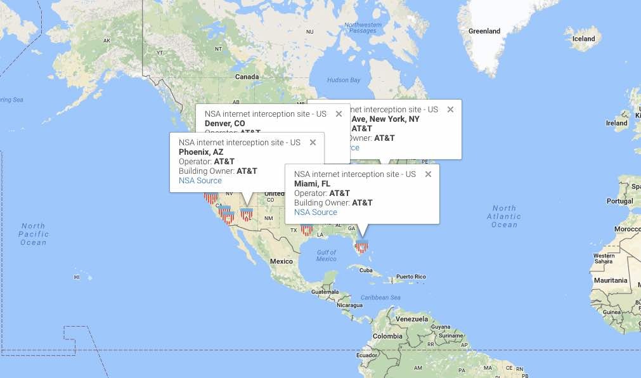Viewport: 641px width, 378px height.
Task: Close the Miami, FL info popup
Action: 428,174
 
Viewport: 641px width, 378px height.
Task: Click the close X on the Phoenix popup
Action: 313,143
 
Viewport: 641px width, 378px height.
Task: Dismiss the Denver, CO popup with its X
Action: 339,114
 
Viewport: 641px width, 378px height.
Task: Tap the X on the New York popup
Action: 450,110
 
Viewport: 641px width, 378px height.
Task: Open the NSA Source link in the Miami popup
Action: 316,212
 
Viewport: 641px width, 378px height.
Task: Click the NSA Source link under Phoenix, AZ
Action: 200,181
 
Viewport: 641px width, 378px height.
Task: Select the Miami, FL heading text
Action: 312,184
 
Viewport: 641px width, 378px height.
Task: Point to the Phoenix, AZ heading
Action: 201,152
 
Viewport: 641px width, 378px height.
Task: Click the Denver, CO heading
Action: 224,123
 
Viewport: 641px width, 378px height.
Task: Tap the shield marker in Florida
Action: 361,247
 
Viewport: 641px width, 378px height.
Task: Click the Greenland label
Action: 484,31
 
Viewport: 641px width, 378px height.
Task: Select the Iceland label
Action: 583,39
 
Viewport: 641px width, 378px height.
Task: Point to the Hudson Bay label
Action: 344,81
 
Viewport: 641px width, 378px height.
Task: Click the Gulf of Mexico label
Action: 326,256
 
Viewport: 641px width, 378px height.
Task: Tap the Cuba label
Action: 366,270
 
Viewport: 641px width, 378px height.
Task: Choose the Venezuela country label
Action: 412,319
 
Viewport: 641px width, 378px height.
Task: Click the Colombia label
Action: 387,336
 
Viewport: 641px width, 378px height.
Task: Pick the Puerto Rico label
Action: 411,277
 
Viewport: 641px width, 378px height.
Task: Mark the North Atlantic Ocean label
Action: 504,216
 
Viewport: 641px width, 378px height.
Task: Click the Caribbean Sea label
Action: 380,297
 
